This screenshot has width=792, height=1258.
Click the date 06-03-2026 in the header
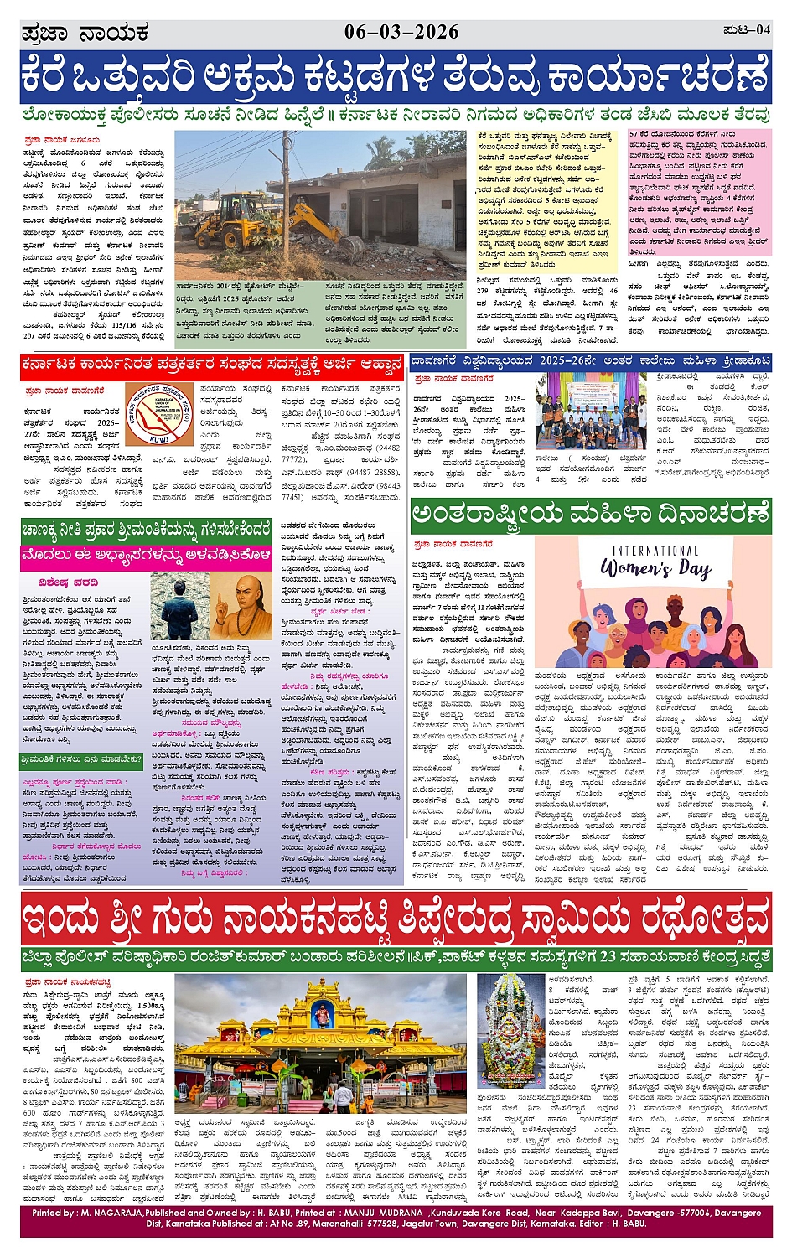coord(401,32)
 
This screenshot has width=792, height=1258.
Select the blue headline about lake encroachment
coord(396,78)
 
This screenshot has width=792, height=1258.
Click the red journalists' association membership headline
coord(213,365)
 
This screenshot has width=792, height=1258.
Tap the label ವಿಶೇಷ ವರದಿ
coord(68,582)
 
